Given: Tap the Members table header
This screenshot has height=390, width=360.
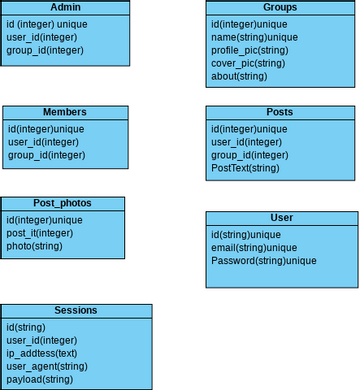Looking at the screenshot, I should click(x=65, y=112).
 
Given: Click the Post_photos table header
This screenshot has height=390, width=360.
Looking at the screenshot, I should click(x=63, y=203).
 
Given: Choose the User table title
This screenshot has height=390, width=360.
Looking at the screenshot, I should click(x=281, y=217).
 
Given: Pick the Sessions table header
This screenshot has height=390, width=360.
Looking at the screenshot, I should click(x=76, y=310).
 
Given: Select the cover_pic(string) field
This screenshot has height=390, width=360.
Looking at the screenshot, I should click(x=247, y=62).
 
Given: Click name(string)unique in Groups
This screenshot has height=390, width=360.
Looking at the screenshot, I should click(x=255, y=36).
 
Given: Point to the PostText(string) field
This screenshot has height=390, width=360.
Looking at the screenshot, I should click(x=245, y=168).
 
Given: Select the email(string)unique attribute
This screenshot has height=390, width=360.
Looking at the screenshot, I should click(x=254, y=247).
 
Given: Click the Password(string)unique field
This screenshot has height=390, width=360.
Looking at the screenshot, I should click(x=263, y=260).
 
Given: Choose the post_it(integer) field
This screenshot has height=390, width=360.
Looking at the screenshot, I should click(x=40, y=233).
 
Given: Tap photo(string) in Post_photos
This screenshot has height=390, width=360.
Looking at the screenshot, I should click(x=34, y=246).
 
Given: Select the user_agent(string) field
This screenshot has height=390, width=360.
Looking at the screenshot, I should click(x=47, y=366).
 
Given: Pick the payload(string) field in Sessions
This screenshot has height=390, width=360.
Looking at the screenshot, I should click(x=40, y=380).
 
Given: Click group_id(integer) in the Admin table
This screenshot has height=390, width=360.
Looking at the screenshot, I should click(x=45, y=49).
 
